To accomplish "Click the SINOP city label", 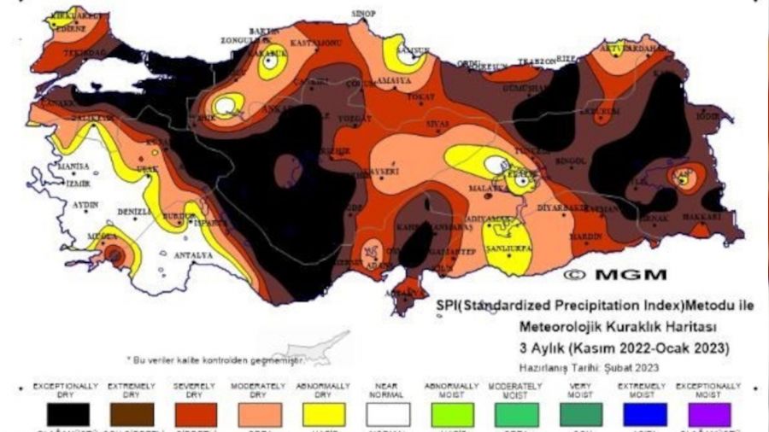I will tap(364, 14).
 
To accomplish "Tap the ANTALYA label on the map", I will tap(193, 254).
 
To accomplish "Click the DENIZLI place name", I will tap(135, 212).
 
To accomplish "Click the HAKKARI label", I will tap(701, 218).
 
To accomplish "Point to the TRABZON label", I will tap(536, 62).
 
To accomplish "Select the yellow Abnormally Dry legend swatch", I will tap(322, 414).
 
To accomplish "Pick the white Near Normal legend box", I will tap(388, 414).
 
